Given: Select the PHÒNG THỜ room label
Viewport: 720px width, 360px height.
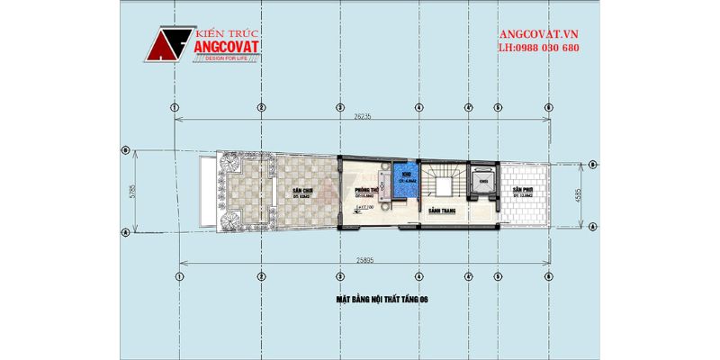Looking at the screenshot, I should click(x=365, y=190).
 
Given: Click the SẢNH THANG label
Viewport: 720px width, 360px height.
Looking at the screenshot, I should click(x=440, y=211).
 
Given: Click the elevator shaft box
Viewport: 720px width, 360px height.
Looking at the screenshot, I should click(x=484, y=180).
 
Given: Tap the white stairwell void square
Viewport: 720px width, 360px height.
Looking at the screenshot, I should click(x=443, y=186).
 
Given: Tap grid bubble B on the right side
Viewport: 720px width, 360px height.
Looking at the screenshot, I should click(x=595, y=164).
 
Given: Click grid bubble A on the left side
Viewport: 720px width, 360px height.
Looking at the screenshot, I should click(x=125, y=231).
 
